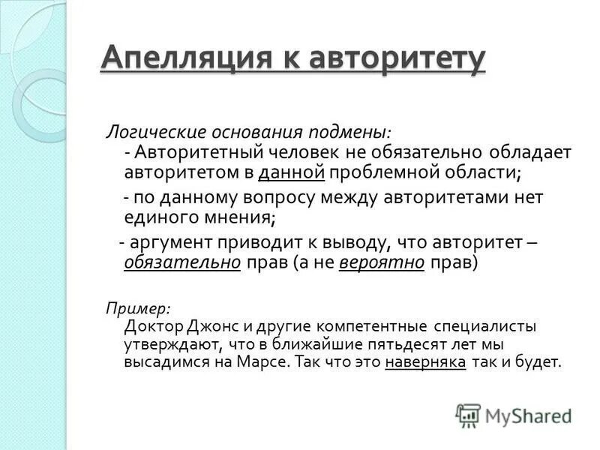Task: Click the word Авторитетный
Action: (x=194, y=152)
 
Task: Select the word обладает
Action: (x=521, y=152)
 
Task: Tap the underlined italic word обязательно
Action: (x=182, y=263)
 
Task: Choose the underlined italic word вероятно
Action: (x=382, y=263)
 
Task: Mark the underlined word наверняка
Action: (x=425, y=362)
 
